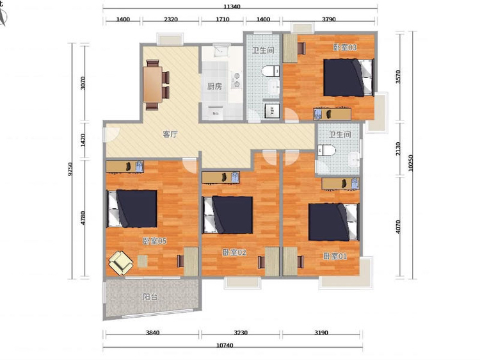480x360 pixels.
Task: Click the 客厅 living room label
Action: click(x=170, y=134)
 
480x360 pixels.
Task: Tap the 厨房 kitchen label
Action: click(x=214, y=86)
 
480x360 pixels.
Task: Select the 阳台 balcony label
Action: click(x=150, y=297)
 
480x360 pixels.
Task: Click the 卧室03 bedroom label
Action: click(x=345, y=47)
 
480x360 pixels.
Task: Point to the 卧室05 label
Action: click(x=155, y=241)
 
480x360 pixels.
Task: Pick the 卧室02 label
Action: click(x=234, y=252)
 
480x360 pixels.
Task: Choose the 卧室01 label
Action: click(x=335, y=256)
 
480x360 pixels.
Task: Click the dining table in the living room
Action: click(x=152, y=85)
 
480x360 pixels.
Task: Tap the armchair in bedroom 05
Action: click(x=121, y=263)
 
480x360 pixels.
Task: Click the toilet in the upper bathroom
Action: click(x=271, y=71)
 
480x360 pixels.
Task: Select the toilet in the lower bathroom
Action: click(x=326, y=151)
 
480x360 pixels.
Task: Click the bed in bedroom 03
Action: click(x=349, y=78)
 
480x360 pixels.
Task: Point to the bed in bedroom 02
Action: click(x=228, y=215)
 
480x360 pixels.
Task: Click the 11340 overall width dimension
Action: click(x=240, y=6)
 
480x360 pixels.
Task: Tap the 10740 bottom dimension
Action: click(x=225, y=345)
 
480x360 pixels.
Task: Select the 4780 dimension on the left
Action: click(x=83, y=218)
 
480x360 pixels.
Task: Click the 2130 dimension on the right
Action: click(x=397, y=149)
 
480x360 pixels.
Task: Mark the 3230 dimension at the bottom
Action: click(x=241, y=332)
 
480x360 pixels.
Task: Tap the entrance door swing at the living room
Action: click(x=113, y=134)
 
